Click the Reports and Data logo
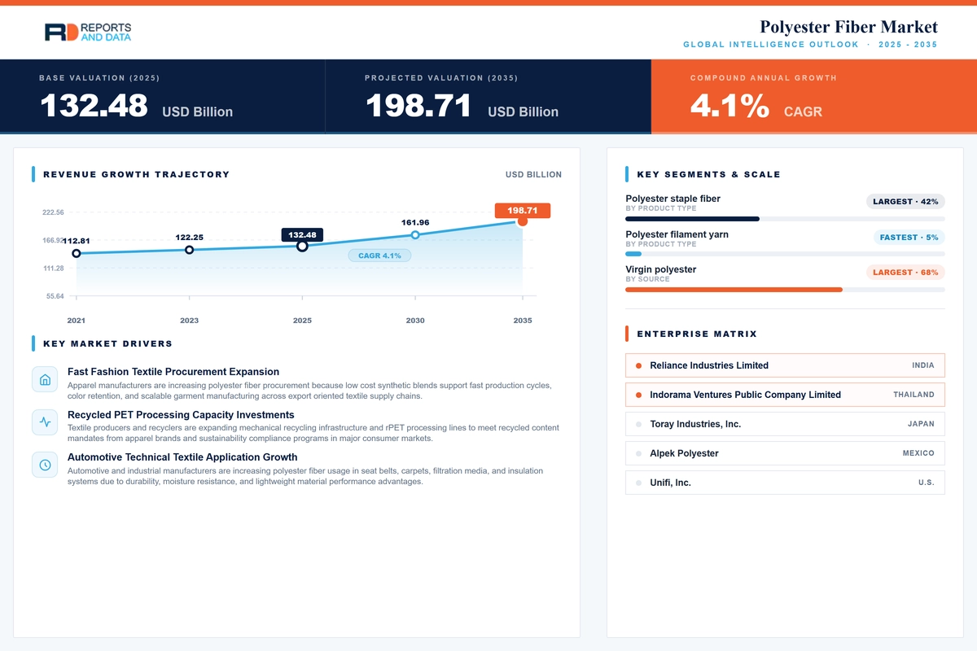pos(88,32)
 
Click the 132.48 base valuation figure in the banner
pos(94,105)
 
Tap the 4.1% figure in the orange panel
pos(729,105)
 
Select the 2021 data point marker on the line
pos(77,253)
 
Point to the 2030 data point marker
pos(415,235)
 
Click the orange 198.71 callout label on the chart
pos(522,210)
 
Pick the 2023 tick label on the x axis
pos(189,321)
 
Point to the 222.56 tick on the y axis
pos(53,212)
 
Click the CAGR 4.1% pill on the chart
pos(379,256)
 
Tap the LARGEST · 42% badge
pos(905,202)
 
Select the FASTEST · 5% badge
pos(909,237)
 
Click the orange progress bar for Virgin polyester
pos(734,290)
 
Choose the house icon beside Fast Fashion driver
pos(45,379)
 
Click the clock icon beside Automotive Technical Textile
pos(45,465)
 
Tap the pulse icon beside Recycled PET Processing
pos(45,422)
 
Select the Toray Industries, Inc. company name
pos(695,424)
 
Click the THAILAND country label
pos(913,395)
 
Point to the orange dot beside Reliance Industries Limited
pos(638,365)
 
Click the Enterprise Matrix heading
pos(697,334)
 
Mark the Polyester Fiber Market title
pos(848,27)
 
